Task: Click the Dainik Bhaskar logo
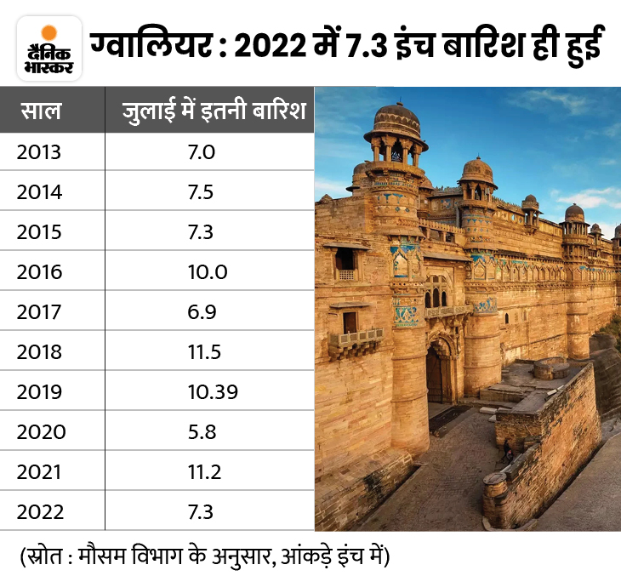click(48, 48)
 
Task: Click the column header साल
click(42, 112)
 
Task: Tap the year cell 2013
click(39, 152)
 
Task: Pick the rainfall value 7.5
click(201, 192)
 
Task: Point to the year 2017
click(39, 311)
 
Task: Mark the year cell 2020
click(39, 431)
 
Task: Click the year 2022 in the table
click(39, 511)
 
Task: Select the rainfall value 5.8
click(201, 431)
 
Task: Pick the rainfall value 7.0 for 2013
click(201, 152)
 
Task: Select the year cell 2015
click(39, 232)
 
